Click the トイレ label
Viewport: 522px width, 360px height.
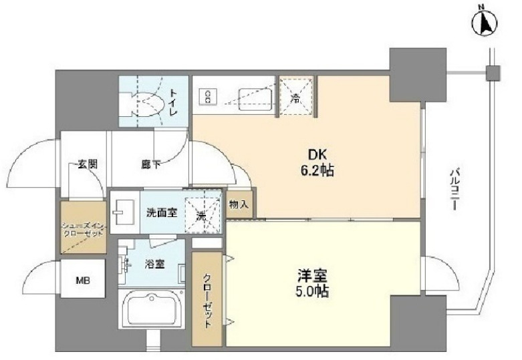click(x=173, y=102)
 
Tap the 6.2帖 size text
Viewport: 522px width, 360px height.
click(x=316, y=171)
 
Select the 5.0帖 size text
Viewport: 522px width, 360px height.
click(x=312, y=292)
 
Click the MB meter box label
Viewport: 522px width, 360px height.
click(x=80, y=281)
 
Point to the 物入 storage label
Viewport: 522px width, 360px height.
click(x=239, y=204)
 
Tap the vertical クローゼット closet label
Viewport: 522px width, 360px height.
click(x=208, y=298)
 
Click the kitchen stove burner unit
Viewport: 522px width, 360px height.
click(x=208, y=98)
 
